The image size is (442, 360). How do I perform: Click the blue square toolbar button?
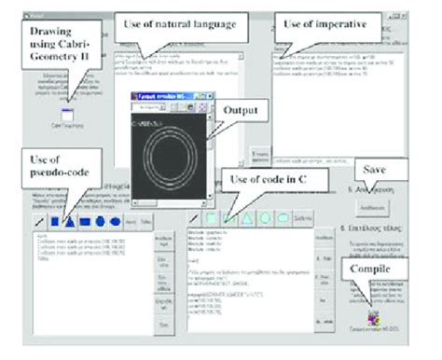coord(54,222)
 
